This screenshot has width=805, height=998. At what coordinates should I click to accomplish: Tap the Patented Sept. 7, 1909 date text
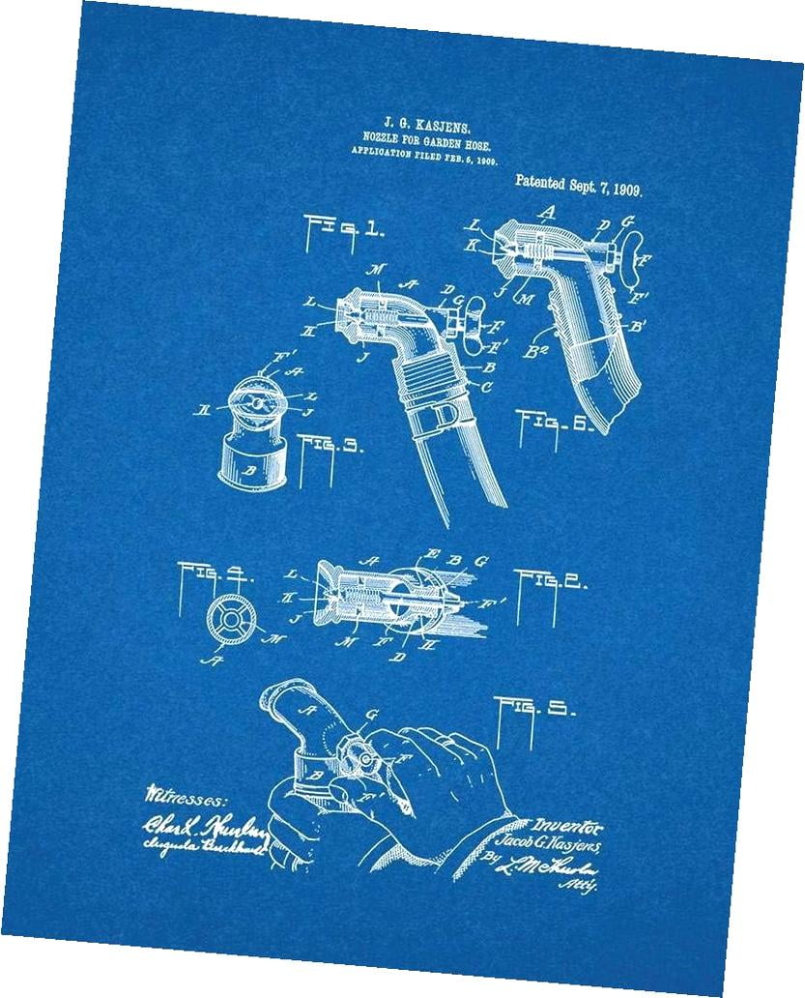pyautogui.click(x=579, y=180)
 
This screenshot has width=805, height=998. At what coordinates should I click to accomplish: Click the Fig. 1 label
pyautogui.click(x=342, y=230)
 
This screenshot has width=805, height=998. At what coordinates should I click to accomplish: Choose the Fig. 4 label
pyautogui.click(x=216, y=574)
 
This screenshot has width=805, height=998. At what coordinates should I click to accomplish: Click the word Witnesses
pyautogui.click(x=187, y=797)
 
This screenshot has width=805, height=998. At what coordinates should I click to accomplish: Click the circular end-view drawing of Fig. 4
pyautogui.click(x=232, y=619)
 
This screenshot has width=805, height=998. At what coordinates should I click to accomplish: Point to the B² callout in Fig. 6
pyautogui.click(x=538, y=352)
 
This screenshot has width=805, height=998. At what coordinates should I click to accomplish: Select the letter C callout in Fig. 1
pyautogui.click(x=489, y=387)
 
